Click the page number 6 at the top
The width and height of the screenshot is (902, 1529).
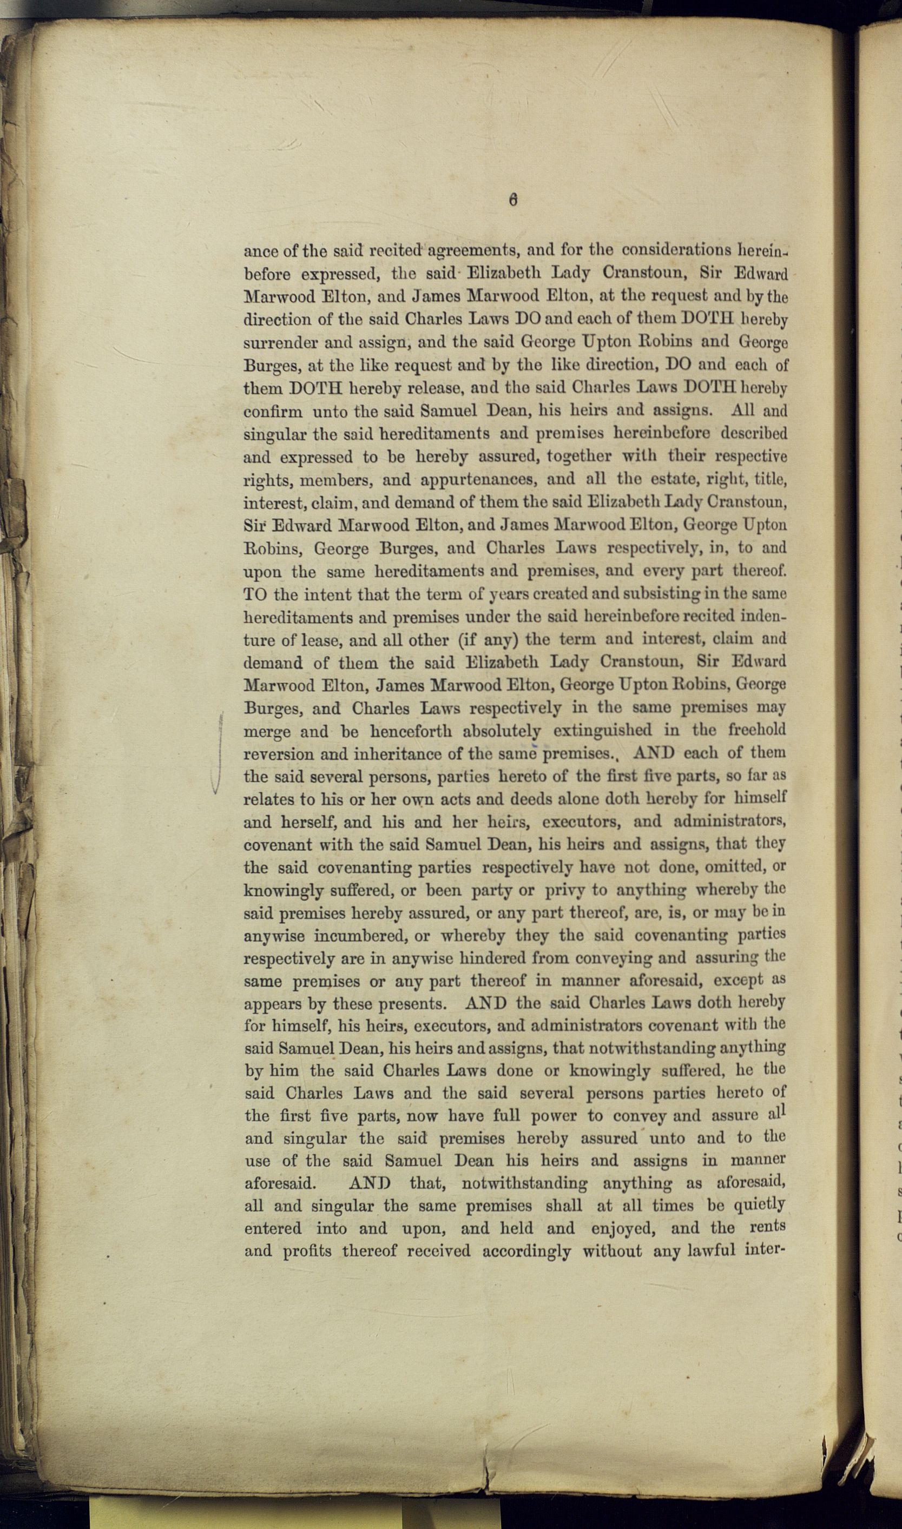[x=513, y=201]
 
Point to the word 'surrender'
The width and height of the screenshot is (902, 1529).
[x=280, y=342]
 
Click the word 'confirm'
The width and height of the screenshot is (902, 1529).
[x=273, y=411]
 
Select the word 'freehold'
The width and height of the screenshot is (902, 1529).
[x=757, y=730]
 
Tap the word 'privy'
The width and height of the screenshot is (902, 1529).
[x=565, y=891]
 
